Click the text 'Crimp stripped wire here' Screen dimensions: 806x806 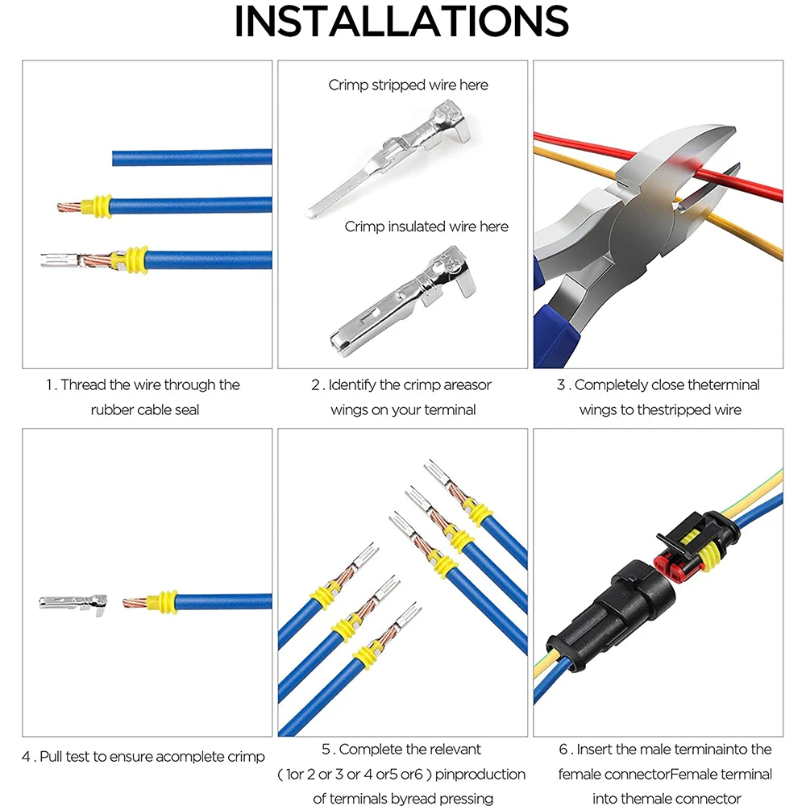[408, 85]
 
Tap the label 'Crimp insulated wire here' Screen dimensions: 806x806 [426, 226]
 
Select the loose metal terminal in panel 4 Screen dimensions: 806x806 [73, 601]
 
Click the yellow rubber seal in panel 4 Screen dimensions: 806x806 [166, 601]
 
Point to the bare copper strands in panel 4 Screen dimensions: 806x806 [139, 601]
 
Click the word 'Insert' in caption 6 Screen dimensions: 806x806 [595, 750]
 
